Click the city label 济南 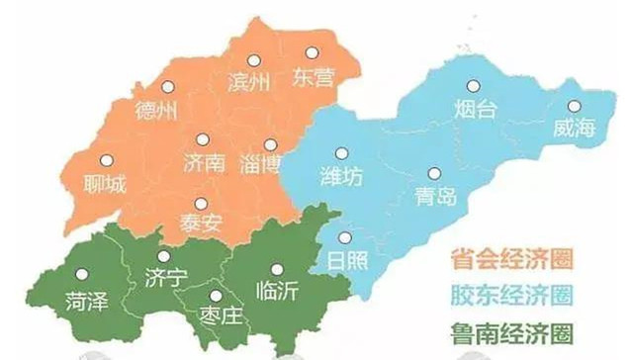pos(205,163)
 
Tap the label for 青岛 pos(435,195)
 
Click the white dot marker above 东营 pos(312,51)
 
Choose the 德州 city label pos(156,111)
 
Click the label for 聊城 pos(106,183)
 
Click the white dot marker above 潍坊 pos(342,153)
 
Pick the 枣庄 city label pos(210,315)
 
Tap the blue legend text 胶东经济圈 pos(512,294)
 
